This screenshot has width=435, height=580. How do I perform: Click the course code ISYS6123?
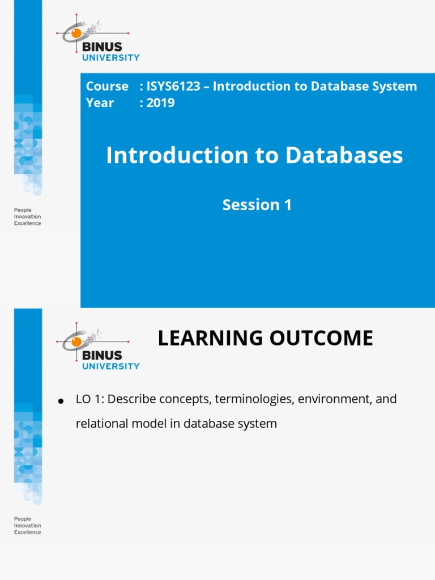[174, 87]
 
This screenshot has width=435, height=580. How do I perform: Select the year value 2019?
[161, 103]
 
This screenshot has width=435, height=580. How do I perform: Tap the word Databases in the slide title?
[344, 156]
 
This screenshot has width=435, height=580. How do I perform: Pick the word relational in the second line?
[100, 424]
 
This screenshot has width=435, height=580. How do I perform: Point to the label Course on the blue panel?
[107, 87]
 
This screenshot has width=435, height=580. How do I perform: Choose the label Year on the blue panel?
[100, 103]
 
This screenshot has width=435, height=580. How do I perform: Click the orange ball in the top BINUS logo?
[76, 33]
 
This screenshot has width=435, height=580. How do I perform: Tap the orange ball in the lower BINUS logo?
[76, 342]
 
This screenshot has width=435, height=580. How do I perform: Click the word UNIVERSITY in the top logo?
[111, 57]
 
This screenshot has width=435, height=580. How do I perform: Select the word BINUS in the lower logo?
[102, 356]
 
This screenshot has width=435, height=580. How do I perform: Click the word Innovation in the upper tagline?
[27, 217]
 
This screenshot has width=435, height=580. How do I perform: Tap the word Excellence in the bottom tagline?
[27, 532]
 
